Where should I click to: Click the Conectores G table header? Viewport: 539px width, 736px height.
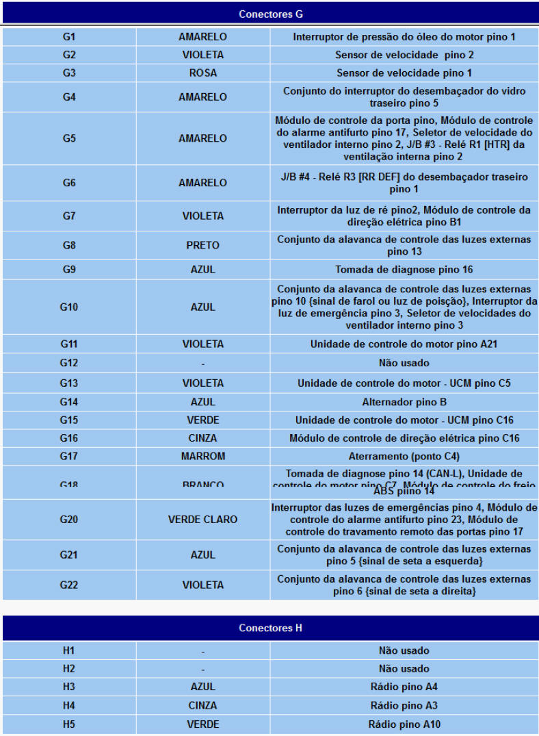pyautogui.click(x=270, y=14)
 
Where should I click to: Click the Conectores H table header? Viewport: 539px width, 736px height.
pyautogui.click(x=270, y=628)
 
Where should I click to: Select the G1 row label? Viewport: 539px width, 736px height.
pyautogui.click(x=68, y=36)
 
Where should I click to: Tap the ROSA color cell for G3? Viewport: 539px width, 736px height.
pyautogui.click(x=202, y=73)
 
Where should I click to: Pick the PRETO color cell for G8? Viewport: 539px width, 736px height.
pyautogui.click(x=202, y=245)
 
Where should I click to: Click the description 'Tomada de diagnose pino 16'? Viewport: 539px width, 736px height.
pyautogui.click(x=404, y=270)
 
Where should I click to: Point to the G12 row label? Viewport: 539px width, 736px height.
pyautogui.click(x=68, y=363)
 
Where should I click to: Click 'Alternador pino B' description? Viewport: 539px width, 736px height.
pyautogui.click(x=404, y=402)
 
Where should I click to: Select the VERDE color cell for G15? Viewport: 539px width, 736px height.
pyautogui.click(x=202, y=420)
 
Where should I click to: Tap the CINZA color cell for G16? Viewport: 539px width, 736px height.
pyautogui.click(x=202, y=437)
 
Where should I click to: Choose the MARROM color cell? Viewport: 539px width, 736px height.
pyautogui.click(x=202, y=456)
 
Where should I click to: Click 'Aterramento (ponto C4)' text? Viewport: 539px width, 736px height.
pyautogui.click(x=404, y=456)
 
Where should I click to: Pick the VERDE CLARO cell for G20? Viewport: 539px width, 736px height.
pyautogui.click(x=202, y=520)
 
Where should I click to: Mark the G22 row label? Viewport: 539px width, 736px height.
pyautogui.click(x=68, y=585)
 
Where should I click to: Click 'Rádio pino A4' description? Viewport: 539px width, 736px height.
pyautogui.click(x=404, y=687)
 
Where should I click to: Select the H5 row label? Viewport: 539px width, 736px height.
pyautogui.click(x=68, y=724)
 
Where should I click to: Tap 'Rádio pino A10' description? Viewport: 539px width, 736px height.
pyautogui.click(x=404, y=724)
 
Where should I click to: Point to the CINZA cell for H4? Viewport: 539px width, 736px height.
pyautogui.click(x=202, y=705)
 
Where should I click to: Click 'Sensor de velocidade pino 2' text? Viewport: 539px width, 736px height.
pyautogui.click(x=404, y=55)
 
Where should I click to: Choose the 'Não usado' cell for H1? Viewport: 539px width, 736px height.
pyautogui.click(x=404, y=650)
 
